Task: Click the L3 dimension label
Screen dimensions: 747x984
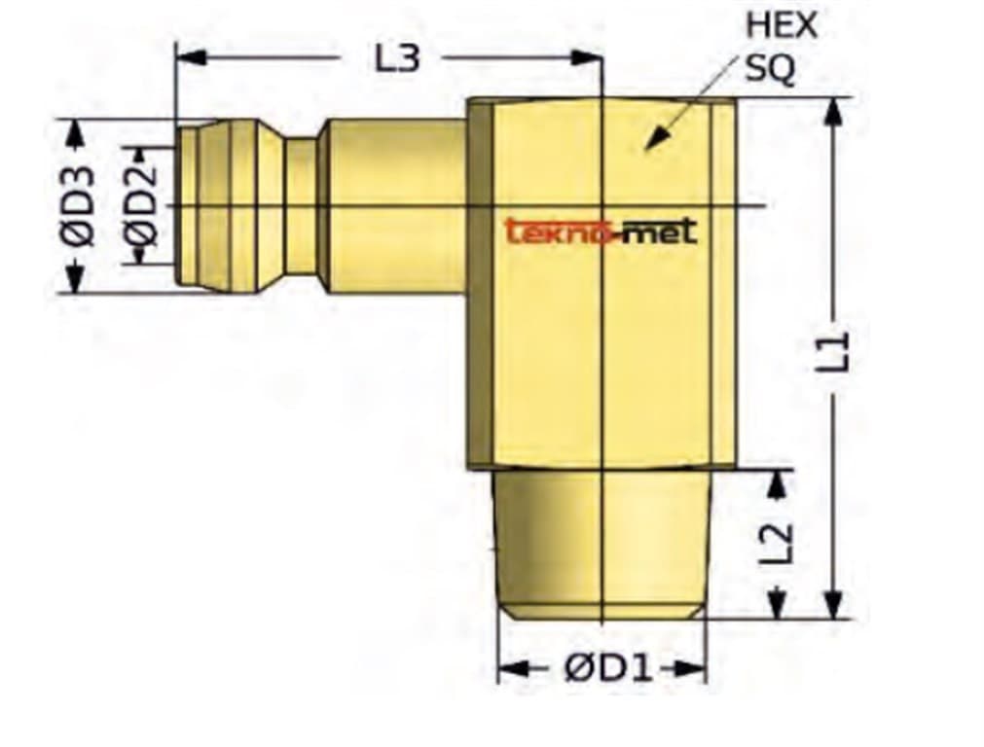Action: [397, 58]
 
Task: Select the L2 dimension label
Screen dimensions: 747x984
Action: [778, 545]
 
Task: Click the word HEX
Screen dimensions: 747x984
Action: [781, 26]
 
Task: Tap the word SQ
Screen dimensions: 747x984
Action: [770, 68]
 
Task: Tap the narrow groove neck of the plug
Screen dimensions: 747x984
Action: [301, 206]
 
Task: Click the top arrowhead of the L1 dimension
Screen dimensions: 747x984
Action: [833, 109]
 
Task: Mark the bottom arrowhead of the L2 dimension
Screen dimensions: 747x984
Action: [777, 607]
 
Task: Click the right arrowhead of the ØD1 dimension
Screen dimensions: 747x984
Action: [693, 669]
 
